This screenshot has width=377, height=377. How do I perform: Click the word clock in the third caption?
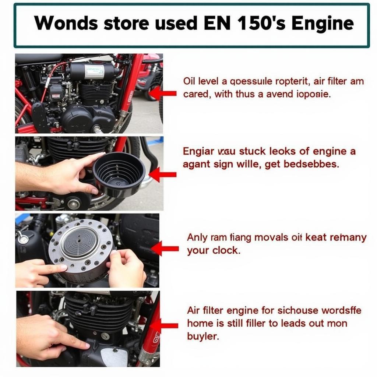pyautogui.click(x=226, y=251)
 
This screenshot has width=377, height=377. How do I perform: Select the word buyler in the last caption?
pyautogui.click(x=203, y=337)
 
